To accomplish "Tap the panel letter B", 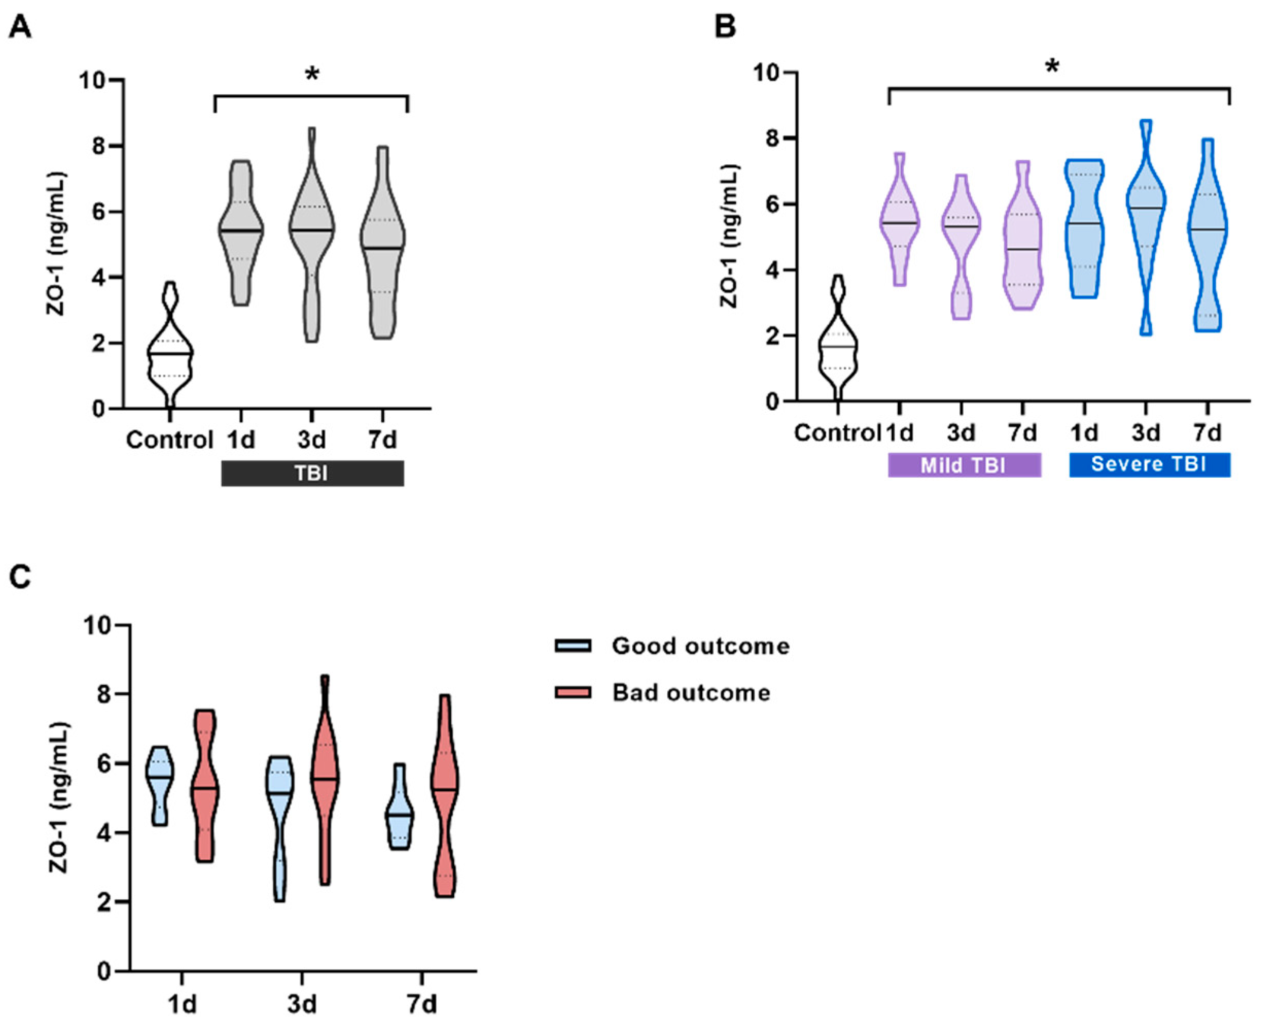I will [x=725, y=27].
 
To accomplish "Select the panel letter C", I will [x=20, y=577].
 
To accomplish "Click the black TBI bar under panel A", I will [x=312, y=474].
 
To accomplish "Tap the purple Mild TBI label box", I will [x=964, y=465].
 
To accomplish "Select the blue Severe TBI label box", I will [x=1149, y=464].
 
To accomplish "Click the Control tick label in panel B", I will [x=837, y=432].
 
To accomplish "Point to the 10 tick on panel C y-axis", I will [x=98, y=626].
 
